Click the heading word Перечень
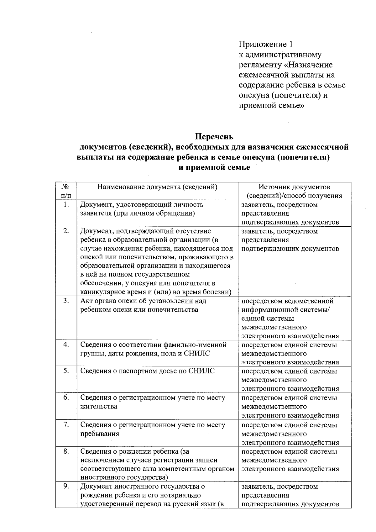(x=214, y=137)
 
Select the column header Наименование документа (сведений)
(x=158, y=187)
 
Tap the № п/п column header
(x=66, y=191)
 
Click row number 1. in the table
(x=66, y=205)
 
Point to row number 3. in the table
(x=66, y=301)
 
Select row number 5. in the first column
(x=66, y=371)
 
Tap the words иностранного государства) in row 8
(x=124, y=477)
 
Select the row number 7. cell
(x=66, y=425)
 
